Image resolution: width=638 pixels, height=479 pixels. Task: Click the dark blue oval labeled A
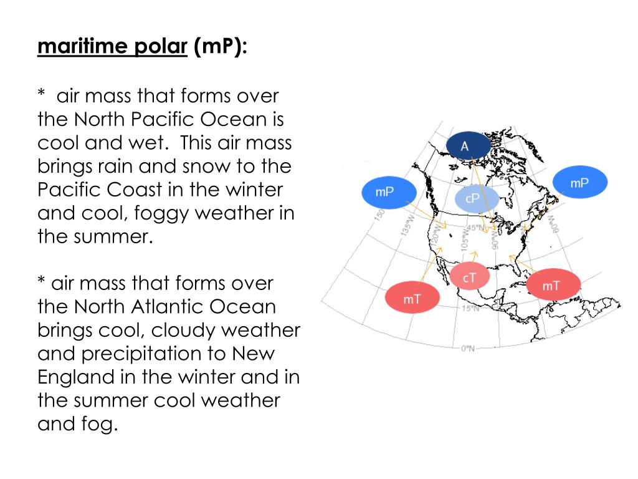[464, 147]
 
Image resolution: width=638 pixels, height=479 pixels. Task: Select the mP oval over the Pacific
[385, 192]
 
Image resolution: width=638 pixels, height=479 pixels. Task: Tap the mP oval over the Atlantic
[579, 183]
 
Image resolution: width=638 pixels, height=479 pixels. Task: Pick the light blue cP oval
[473, 198]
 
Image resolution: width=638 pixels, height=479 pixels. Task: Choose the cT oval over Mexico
[469, 276]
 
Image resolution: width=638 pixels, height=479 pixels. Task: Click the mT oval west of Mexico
[412, 299]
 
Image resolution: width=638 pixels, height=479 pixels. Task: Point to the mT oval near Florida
[551, 286]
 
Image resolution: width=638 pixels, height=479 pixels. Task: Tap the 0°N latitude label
[468, 348]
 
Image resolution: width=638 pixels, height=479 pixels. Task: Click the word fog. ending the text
[100, 425]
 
